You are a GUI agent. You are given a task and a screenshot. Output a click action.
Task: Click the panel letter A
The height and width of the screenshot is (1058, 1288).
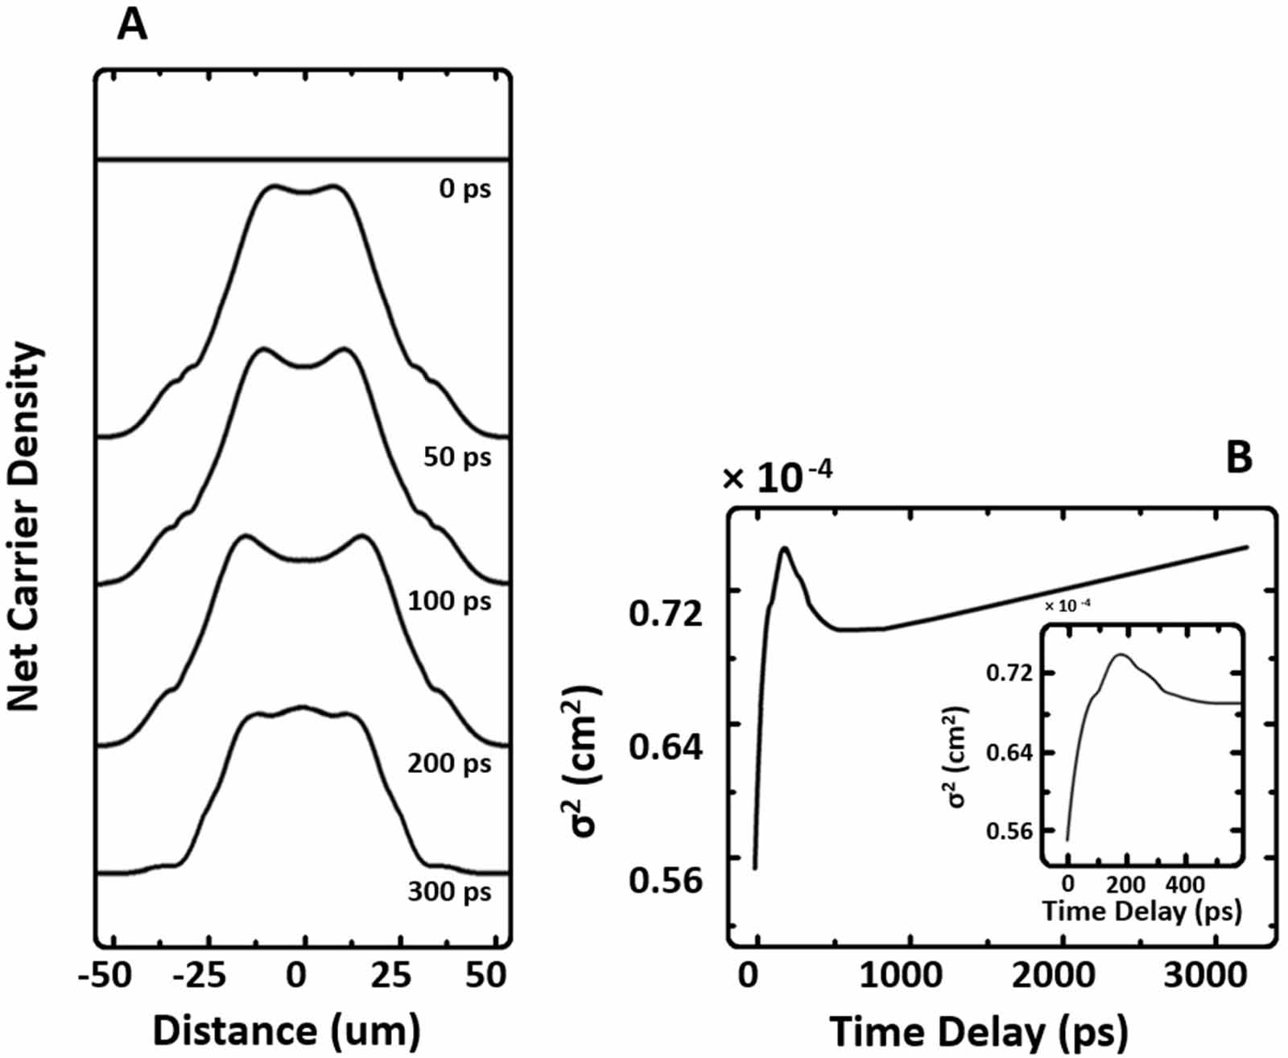132,25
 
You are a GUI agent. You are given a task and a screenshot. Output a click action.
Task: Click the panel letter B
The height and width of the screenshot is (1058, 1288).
1238,457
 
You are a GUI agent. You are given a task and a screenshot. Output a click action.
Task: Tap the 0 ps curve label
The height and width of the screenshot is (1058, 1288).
464,190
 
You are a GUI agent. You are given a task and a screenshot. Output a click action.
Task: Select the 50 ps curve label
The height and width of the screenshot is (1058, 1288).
456,457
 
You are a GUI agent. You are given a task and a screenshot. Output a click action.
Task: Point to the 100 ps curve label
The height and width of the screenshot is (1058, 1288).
449,601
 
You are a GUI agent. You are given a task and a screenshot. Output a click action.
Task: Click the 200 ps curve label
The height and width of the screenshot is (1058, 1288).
448,763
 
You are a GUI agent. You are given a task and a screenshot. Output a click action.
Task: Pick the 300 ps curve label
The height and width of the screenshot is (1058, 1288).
448,892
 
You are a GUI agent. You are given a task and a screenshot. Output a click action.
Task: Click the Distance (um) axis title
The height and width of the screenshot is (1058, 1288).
287,1031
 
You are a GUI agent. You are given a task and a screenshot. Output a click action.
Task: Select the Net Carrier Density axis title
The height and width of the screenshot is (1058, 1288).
24,527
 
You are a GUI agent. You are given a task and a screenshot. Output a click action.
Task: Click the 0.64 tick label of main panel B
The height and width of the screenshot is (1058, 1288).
666,748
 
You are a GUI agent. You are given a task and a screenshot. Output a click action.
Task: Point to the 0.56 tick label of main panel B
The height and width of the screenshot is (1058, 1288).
666,881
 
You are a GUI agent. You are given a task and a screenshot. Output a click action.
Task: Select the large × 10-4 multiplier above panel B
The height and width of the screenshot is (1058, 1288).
777,478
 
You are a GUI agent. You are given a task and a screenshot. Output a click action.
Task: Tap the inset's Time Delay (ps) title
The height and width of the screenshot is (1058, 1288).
1142,911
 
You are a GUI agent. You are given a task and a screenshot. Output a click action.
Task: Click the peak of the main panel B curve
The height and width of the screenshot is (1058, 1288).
783,548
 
